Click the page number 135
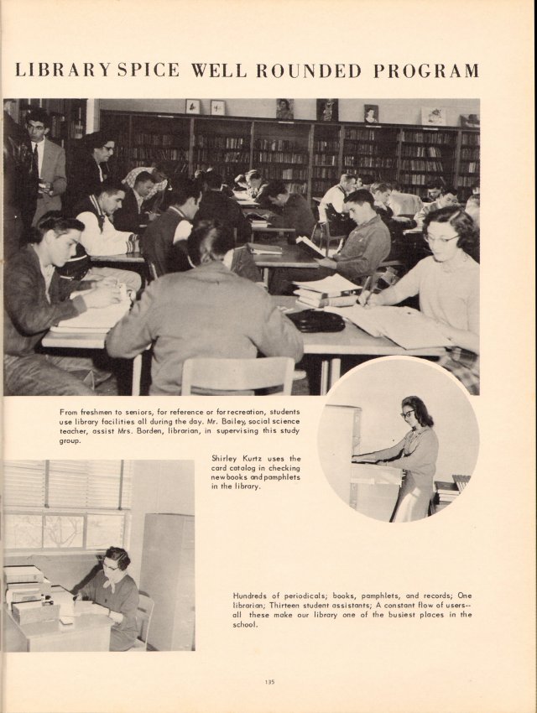(269, 681)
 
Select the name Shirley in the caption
(227, 458)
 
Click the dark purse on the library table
(315, 320)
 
